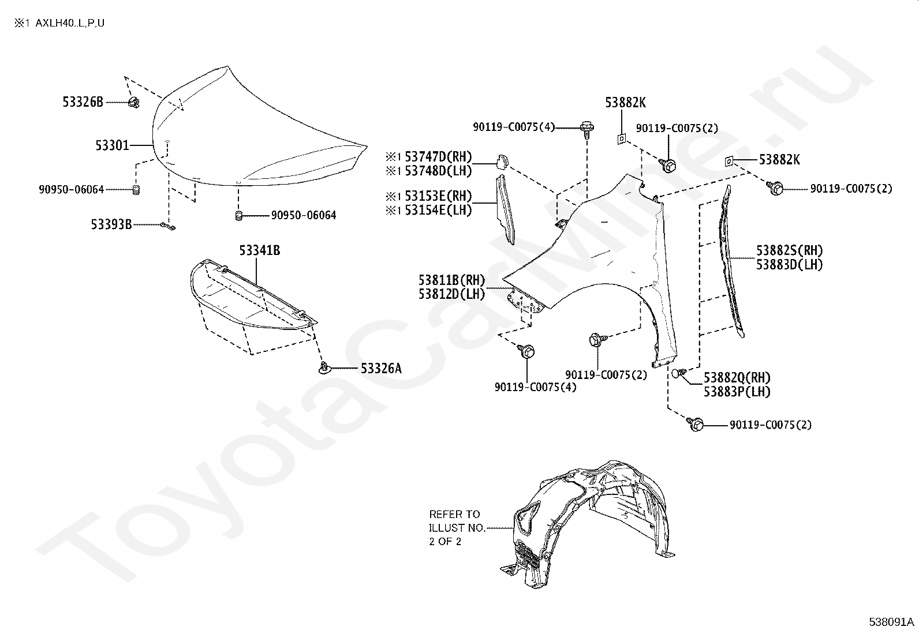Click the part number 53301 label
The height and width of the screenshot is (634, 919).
112,145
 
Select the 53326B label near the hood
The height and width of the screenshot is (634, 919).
83,102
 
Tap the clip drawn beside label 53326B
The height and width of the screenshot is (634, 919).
135,103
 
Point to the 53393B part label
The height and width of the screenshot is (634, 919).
111,224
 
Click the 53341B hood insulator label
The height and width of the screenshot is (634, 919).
260,250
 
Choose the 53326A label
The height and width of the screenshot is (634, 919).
380,368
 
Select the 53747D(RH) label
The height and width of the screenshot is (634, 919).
438,156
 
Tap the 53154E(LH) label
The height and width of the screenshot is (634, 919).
438,210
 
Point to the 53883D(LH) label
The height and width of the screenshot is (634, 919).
789,265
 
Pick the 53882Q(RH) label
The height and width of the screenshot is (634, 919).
737,378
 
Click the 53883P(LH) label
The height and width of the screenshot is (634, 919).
737,392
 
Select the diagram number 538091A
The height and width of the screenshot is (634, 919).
891,622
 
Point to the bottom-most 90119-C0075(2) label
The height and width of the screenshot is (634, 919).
770,425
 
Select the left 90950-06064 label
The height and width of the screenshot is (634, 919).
72,189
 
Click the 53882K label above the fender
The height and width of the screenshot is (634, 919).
625,103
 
